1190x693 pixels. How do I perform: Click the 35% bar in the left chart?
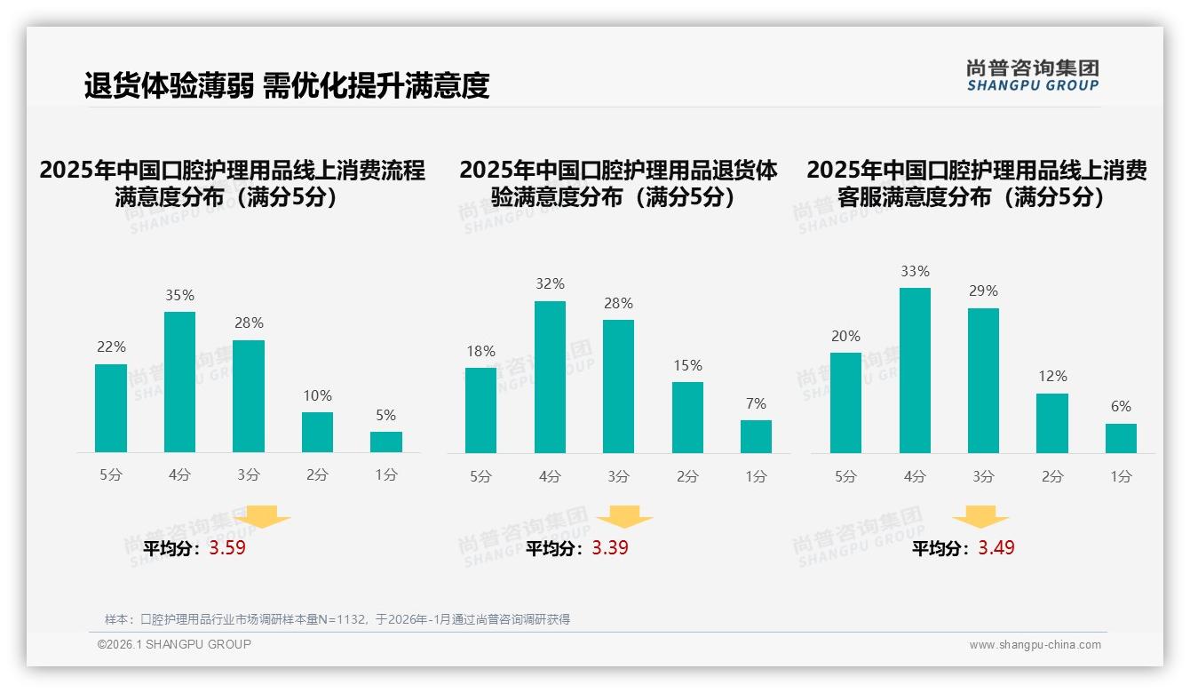click(x=179, y=382)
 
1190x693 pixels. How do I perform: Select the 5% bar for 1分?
click(x=386, y=442)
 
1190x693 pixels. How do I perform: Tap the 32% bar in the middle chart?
click(x=550, y=378)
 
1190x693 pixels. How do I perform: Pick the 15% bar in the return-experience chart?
click(x=687, y=418)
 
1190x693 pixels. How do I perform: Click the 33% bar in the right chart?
click(x=915, y=370)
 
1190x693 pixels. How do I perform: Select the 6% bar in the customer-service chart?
click(x=1121, y=439)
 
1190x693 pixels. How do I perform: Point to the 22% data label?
click(x=111, y=347)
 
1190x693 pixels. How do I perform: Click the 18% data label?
click(x=480, y=352)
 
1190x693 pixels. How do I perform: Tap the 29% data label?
click(x=983, y=291)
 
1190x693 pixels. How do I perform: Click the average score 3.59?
click(x=227, y=548)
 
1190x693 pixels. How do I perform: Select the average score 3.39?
click(x=610, y=548)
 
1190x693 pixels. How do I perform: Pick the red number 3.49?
click(x=996, y=548)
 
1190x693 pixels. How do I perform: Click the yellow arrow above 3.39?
click(x=624, y=518)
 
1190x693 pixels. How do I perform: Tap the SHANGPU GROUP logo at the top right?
click(x=1033, y=76)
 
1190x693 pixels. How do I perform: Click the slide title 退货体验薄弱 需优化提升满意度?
click(x=287, y=86)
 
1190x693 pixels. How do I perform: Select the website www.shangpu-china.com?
click(x=1035, y=645)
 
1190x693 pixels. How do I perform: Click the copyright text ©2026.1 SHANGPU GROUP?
click(x=174, y=644)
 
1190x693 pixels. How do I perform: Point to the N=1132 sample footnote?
click(x=337, y=619)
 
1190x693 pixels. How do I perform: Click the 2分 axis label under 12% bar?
click(x=1052, y=477)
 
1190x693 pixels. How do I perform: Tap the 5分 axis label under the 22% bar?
click(x=111, y=475)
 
